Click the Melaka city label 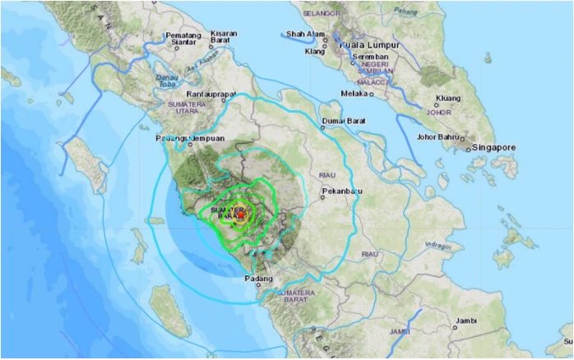pos(354,93)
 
